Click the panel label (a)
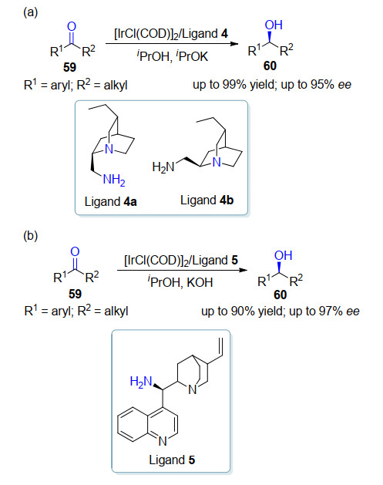30,12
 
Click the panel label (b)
30,236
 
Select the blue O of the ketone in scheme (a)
72,26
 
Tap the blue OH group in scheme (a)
274,25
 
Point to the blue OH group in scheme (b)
283,255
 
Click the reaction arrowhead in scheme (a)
234,44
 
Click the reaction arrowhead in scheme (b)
244,271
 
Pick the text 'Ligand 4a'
110,202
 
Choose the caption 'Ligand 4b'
207,200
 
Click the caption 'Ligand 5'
172,460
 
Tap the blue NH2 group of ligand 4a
114,180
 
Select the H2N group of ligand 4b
163,167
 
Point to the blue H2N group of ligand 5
141,382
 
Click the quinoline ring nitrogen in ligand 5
163,441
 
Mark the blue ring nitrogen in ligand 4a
109,150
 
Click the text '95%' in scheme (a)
322,85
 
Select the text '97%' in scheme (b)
331,312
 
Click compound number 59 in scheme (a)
69,67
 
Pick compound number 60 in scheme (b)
281,295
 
